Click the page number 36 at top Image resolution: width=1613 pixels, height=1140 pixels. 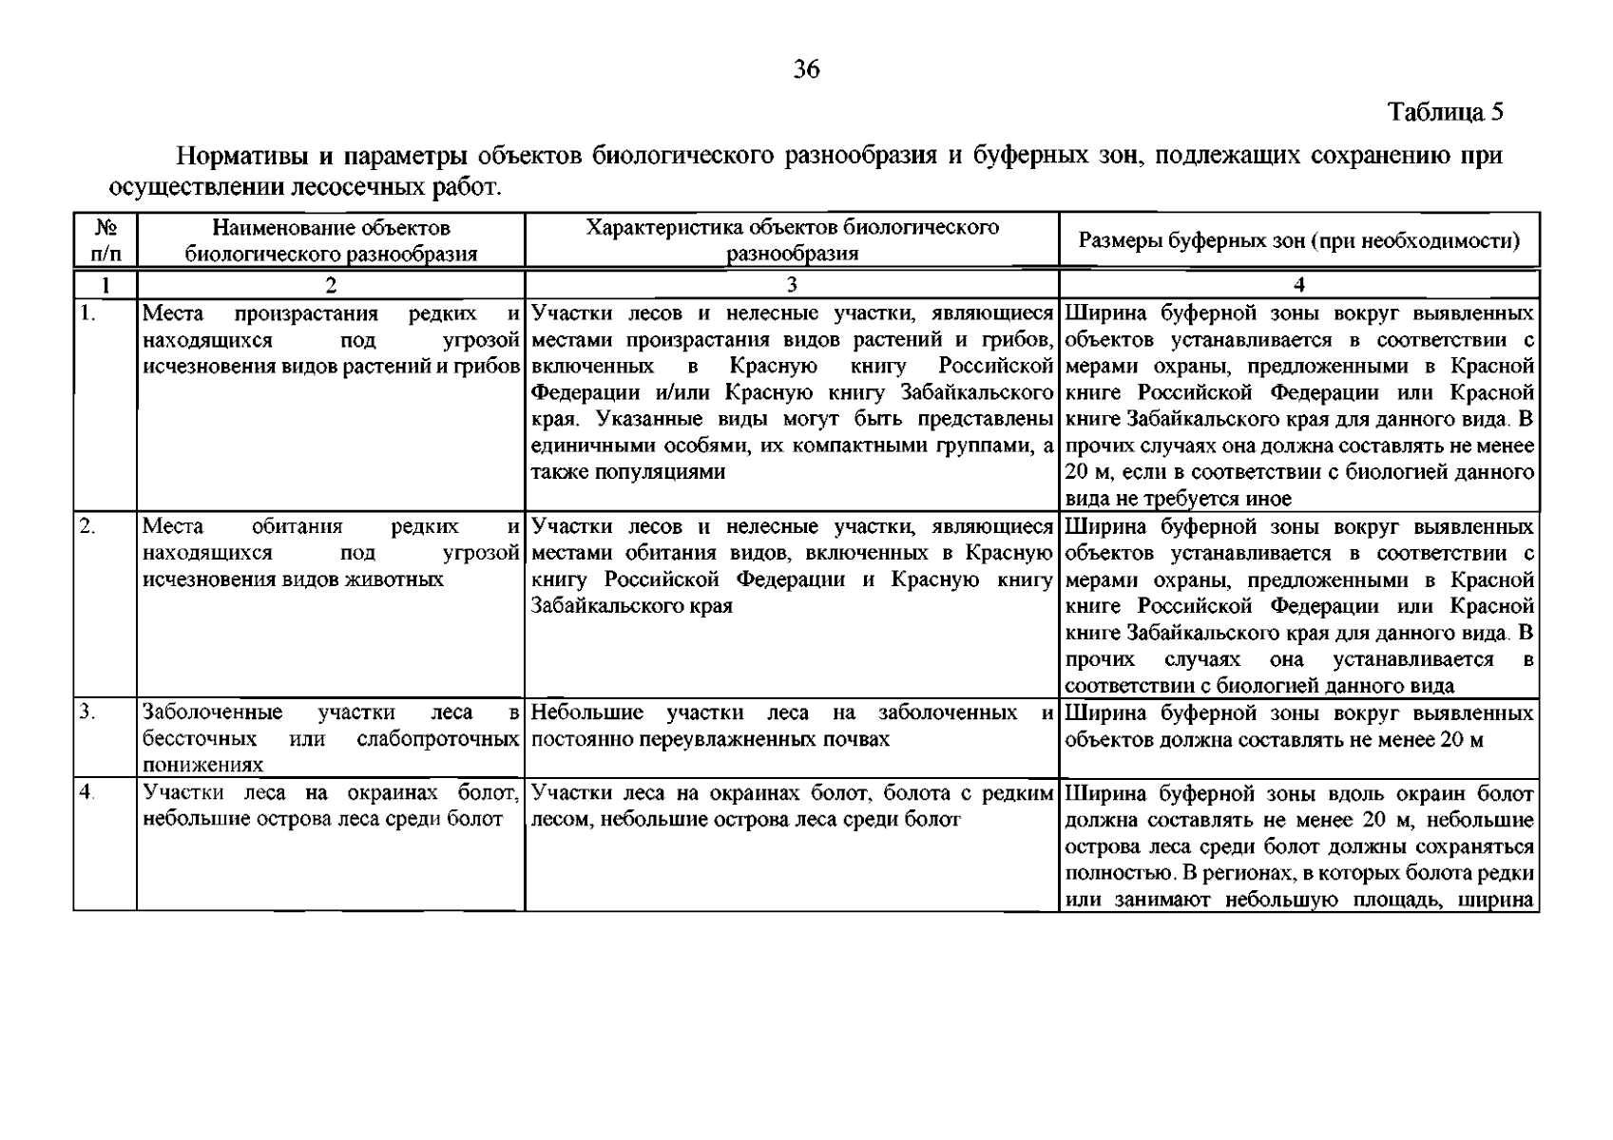(x=806, y=69)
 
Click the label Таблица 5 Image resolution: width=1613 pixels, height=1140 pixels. (x=1445, y=112)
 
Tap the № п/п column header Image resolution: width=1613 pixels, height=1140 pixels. (x=105, y=240)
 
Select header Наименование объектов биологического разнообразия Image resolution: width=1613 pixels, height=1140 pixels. (x=331, y=240)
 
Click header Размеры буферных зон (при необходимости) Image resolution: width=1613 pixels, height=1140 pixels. (x=1298, y=240)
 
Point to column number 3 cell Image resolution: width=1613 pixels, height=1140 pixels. (x=791, y=285)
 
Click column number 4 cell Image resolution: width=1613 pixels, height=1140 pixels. (x=1298, y=285)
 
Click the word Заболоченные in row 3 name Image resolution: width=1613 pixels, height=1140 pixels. (x=212, y=713)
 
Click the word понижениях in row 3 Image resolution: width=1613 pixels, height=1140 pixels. (x=202, y=766)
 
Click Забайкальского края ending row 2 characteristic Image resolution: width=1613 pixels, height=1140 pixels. (x=631, y=606)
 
